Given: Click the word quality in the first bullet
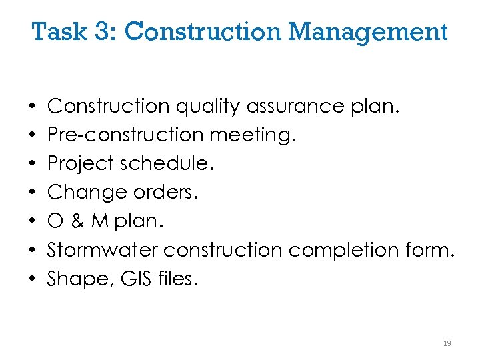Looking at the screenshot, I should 207,106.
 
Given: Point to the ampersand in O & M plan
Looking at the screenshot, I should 79,221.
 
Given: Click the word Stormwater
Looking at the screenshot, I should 103,250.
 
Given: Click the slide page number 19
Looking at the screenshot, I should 447,343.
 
